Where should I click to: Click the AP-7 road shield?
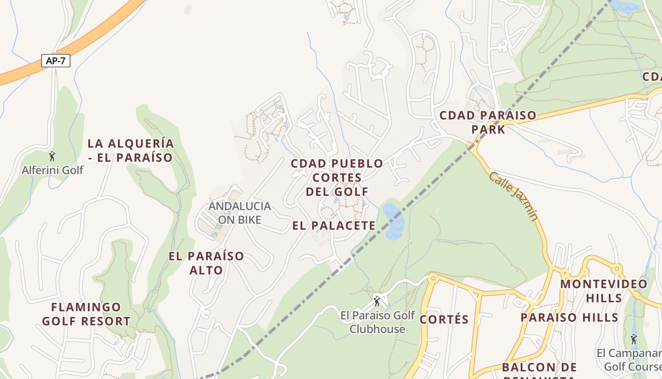(x=56, y=61)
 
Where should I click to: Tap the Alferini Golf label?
(x=52, y=170)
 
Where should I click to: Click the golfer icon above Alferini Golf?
(x=52, y=156)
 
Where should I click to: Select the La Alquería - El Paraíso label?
(x=131, y=150)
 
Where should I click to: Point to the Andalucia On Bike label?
(x=240, y=213)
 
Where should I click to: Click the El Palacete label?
(x=334, y=226)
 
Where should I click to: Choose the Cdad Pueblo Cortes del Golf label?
(x=337, y=178)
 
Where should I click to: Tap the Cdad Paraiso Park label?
(x=488, y=122)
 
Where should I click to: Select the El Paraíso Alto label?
(x=206, y=263)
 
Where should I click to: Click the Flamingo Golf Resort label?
(x=86, y=314)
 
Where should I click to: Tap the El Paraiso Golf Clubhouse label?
(x=377, y=322)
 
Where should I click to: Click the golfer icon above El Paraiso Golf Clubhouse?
(x=377, y=300)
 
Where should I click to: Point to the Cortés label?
(x=444, y=319)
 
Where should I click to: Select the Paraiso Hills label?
(x=569, y=317)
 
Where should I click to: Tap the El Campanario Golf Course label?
(x=629, y=360)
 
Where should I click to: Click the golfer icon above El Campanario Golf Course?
(x=633, y=339)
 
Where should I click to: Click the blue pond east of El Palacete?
(x=393, y=221)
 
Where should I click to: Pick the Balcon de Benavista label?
(x=539, y=371)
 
